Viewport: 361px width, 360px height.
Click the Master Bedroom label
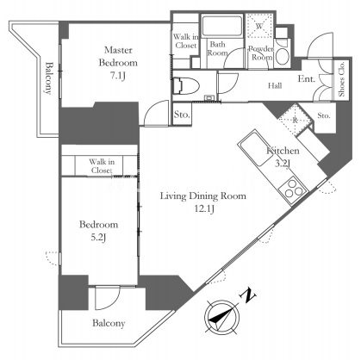[118, 56]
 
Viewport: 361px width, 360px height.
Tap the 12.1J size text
[204, 209]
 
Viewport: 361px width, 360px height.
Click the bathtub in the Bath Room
[221, 27]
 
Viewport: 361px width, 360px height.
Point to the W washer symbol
[259, 26]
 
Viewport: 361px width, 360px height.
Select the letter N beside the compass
[247, 295]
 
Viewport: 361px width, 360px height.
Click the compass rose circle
[222, 317]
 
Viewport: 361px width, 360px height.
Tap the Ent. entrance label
[307, 78]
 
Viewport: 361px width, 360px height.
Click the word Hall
[275, 85]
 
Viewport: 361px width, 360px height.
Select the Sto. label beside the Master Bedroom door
[182, 115]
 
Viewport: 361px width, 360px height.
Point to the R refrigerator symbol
[295, 120]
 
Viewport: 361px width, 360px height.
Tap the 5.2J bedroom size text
[97, 238]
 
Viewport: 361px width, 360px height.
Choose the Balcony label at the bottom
[109, 323]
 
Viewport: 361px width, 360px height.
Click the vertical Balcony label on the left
[49, 78]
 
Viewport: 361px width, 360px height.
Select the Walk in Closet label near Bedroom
[102, 166]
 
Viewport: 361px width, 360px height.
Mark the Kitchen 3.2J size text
[283, 164]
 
